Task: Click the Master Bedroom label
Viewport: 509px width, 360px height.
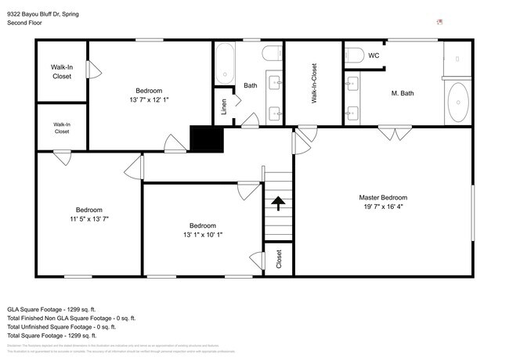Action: (383, 197)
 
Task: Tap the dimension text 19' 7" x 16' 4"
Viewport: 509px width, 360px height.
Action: (383, 207)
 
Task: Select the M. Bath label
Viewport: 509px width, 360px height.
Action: (403, 94)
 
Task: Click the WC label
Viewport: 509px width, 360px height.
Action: (374, 56)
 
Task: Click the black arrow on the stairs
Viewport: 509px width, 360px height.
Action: (277, 203)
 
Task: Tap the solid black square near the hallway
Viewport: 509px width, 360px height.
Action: (208, 139)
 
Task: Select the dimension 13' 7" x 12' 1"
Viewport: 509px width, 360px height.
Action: (149, 100)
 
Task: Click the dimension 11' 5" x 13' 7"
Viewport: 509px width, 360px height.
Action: (88, 219)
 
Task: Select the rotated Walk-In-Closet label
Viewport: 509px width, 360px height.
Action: (314, 84)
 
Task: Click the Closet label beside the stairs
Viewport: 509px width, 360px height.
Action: (279, 260)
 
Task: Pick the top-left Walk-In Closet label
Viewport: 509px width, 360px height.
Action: (62, 72)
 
